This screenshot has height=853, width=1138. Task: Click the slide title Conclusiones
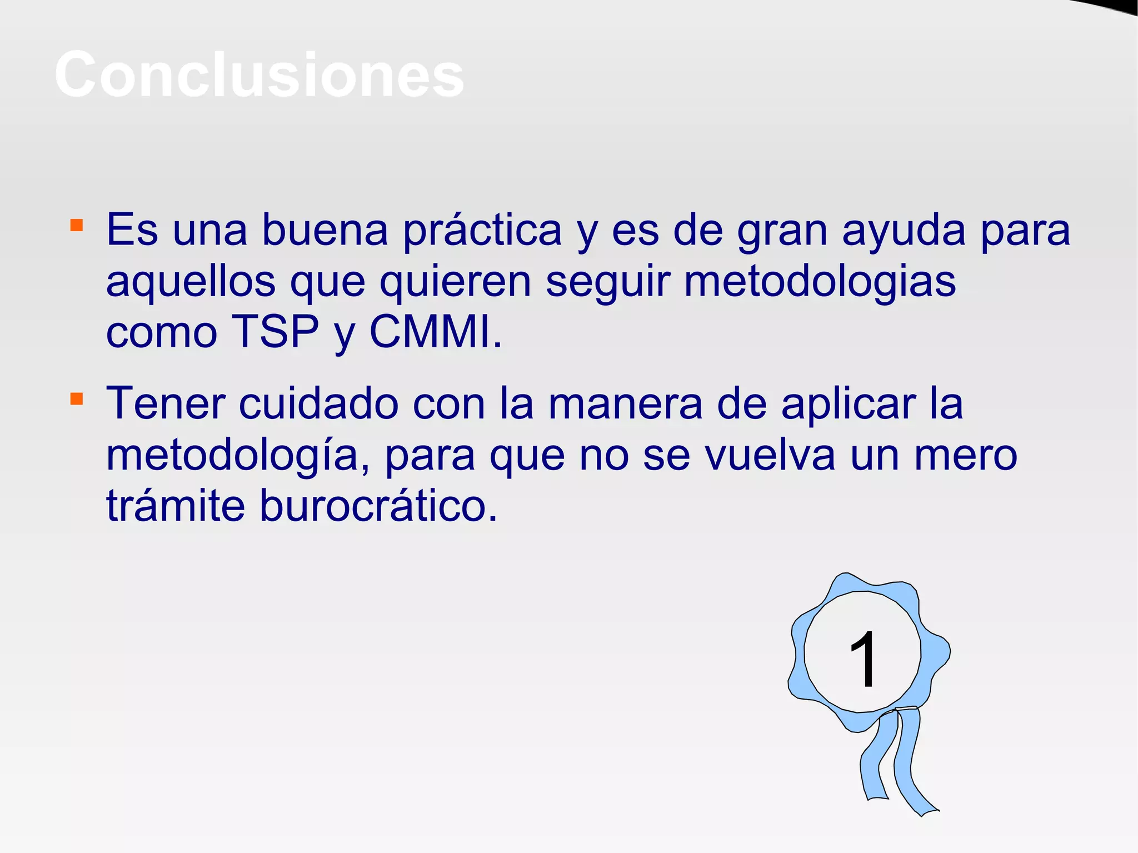coord(259,74)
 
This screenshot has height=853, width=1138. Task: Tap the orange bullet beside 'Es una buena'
coord(77,225)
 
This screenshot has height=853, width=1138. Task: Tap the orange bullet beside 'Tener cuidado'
coord(77,399)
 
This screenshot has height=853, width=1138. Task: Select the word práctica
coord(482,231)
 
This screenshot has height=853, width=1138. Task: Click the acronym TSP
coord(275,332)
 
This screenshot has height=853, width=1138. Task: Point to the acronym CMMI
coord(435,332)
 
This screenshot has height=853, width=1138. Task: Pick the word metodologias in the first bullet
coord(820,281)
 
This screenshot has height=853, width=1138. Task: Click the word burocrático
coord(378,506)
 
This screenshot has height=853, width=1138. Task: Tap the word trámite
coord(176,506)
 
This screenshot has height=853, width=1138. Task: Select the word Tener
coord(166,404)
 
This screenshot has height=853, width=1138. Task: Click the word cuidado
coord(318,404)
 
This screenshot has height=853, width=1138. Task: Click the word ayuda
coord(904,231)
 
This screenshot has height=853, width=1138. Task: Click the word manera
coord(626,404)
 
